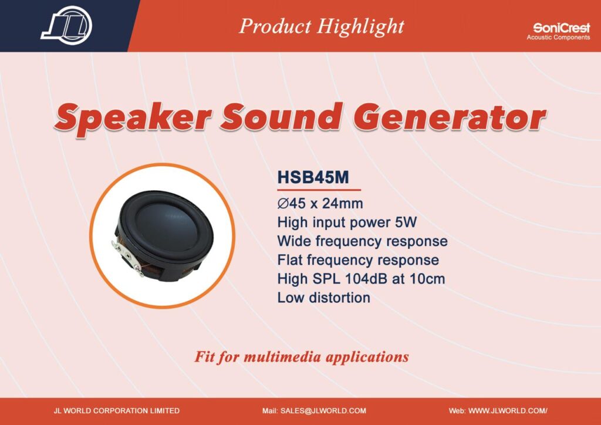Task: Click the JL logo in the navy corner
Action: point(67,25)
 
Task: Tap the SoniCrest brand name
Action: point(561,28)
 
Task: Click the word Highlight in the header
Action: point(361,27)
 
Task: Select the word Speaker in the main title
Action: point(133,117)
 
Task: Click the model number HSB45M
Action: point(313,177)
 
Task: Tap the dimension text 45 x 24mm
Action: point(326,203)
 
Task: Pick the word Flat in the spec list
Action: point(290,260)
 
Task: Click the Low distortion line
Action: point(324,298)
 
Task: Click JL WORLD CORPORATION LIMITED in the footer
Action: point(117,411)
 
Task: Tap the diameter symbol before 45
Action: point(283,203)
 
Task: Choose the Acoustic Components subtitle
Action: point(558,38)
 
